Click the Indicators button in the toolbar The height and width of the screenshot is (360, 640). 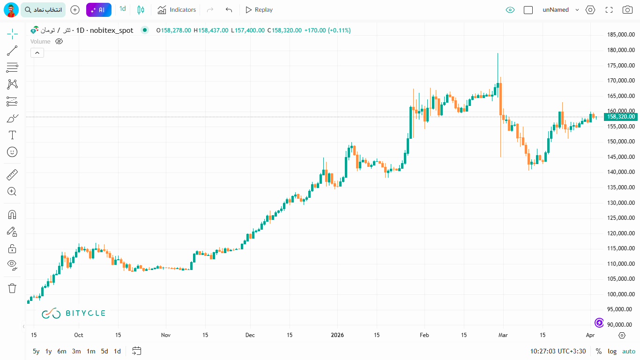click(177, 10)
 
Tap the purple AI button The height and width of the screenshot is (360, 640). click(98, 10)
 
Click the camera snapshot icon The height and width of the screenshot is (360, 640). click(627, 10)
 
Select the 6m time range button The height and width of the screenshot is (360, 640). click(62, 351)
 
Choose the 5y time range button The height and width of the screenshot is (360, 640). click(36, 351)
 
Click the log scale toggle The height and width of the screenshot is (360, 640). click(612, 351)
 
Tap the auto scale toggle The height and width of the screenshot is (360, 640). click(629, 351)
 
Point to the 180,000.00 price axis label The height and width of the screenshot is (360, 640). click(620, 50)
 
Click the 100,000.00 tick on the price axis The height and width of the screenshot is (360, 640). click(620, 294)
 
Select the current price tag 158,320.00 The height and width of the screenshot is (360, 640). click(620, 117)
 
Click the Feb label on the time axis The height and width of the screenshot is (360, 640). click(424, 335)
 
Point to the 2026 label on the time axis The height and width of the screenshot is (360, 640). click(337, 335)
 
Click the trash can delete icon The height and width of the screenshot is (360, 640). click(12, 288)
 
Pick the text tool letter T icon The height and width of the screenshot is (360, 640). click(12, 135)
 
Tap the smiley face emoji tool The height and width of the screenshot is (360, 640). click(12, 152)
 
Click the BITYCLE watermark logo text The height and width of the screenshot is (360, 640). click(85, 313)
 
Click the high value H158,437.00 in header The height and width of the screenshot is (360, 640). click(211, 30)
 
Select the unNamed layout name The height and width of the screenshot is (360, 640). click(556, 10)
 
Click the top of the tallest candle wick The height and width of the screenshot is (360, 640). click(498, 53)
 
